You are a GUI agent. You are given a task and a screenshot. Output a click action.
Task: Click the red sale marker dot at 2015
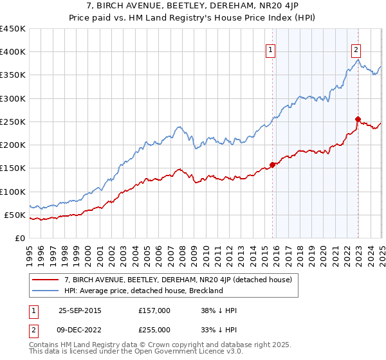click(272, 165)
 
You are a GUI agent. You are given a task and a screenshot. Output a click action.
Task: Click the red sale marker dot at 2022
click(358, 119)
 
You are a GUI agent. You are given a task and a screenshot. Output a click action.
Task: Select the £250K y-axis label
click(12, 122)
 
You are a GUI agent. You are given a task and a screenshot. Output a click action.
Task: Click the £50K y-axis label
click(15, 215)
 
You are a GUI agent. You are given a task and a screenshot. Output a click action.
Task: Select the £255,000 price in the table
click(154, 330)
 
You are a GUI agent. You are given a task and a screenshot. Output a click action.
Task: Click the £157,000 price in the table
click(154, 310)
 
